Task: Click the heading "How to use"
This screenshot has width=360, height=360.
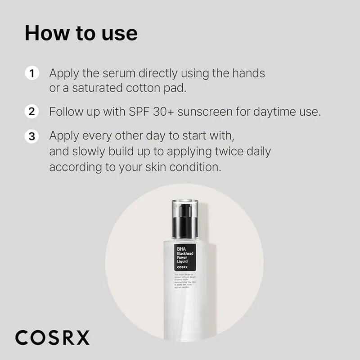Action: [x=81, y=33]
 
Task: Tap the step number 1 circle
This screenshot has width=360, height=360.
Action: [x=31, y=73]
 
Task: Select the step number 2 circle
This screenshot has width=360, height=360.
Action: [x=31, y=112]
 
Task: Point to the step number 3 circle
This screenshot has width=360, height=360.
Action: [x=31, y=136]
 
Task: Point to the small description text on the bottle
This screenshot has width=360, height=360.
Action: [x=184, y=281]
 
